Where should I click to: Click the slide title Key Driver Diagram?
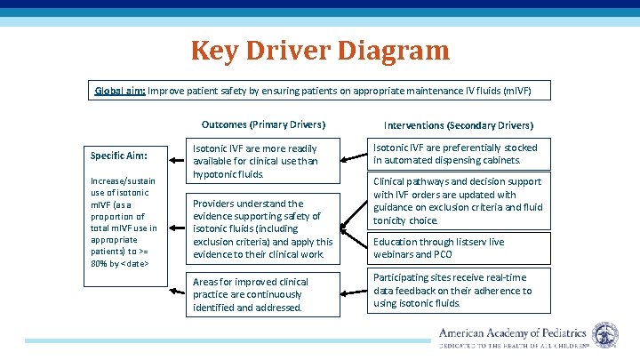coord(320,50)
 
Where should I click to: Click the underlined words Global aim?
coord(120,91)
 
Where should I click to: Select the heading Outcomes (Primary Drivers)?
coord(263,124)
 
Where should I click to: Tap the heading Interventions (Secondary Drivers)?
coord(459,125)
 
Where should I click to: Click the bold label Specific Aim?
coord(118,156)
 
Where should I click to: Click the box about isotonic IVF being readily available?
coord(265,161)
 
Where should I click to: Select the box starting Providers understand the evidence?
coord(265,228)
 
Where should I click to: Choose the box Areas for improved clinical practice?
coord(265,294)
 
